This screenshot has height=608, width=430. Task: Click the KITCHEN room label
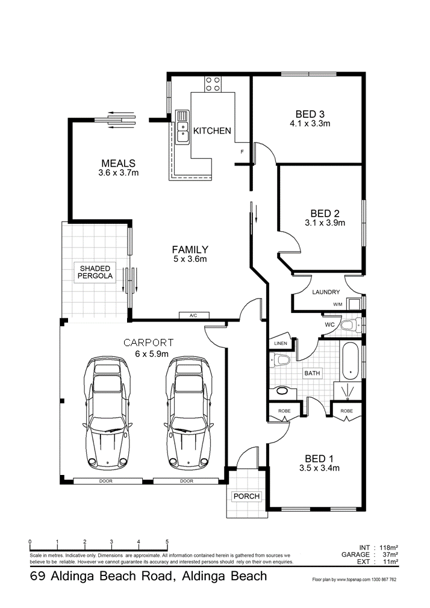click(212, 131)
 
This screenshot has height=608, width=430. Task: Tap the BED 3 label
click(310, 114)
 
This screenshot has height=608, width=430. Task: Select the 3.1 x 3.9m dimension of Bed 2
click(325, 223)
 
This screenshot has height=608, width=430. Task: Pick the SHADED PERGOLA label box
click(95, 272)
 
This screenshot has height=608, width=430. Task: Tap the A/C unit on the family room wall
click(194, 315)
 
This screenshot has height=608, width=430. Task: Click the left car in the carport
click(107, 412)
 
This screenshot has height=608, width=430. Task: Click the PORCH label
click(246, 496)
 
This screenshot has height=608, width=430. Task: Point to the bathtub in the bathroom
click(351, 361)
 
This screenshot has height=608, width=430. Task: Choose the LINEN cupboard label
click(281, 343)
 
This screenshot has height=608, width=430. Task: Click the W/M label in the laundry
click(338, 305)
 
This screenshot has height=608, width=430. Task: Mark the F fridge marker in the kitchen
click(242, 152)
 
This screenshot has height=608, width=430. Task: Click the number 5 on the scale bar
click(167, 542)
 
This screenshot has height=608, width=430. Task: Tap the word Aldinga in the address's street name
click(70, 576)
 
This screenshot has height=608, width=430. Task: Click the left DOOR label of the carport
click(105, 481)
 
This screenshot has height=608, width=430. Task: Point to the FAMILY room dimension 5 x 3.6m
click(190, 259)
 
